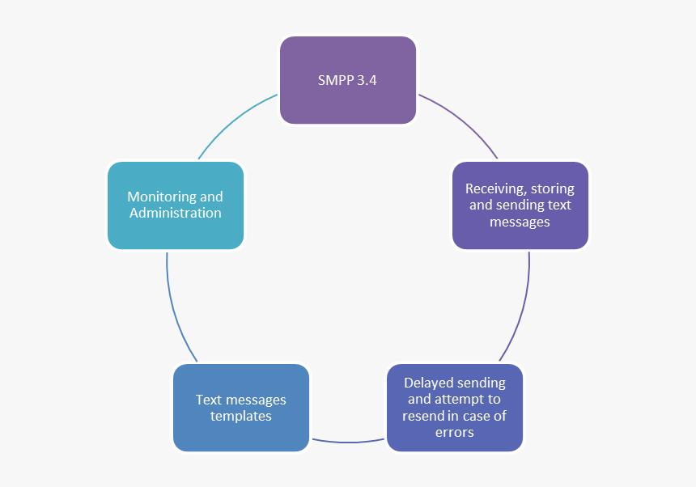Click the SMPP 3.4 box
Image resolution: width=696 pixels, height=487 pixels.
click(348, 80)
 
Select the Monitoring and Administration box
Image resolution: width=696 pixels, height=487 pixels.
click(176, 205)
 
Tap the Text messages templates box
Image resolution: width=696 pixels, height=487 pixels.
click(241, 408)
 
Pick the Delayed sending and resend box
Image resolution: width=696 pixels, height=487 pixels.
click(455, 408)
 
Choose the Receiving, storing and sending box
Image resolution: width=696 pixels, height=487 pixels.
click(520, 205)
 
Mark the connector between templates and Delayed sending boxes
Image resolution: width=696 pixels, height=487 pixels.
click(348, 442)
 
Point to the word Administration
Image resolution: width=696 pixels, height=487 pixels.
click(176, 214)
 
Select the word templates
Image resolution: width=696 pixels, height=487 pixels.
click(241, 417)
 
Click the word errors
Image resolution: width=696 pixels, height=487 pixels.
click(455, 433)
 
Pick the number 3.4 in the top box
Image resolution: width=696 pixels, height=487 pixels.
click(367, 81)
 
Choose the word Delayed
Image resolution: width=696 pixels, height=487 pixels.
click(430, 383)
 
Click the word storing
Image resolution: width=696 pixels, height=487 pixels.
click(552, 188)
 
